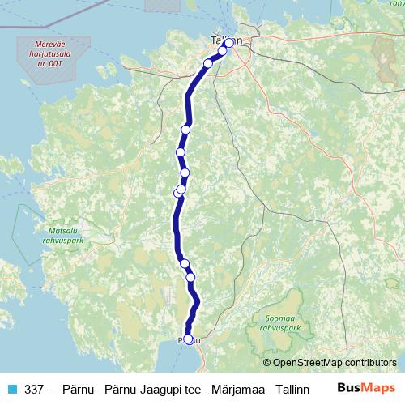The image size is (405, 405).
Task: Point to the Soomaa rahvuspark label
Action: click(277, 324)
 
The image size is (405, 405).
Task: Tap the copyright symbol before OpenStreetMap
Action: click(266, 364)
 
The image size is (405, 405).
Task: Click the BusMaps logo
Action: click(366, 388)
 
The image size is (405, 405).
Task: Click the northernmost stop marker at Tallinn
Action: click(229, 43)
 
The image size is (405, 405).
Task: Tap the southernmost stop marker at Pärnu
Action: click(189, 339)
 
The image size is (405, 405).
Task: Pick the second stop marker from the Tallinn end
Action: click(222, 51)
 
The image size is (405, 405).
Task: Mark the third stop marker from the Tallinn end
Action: click(208, 63)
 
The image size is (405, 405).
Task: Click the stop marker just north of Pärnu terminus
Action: click(191, 278)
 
